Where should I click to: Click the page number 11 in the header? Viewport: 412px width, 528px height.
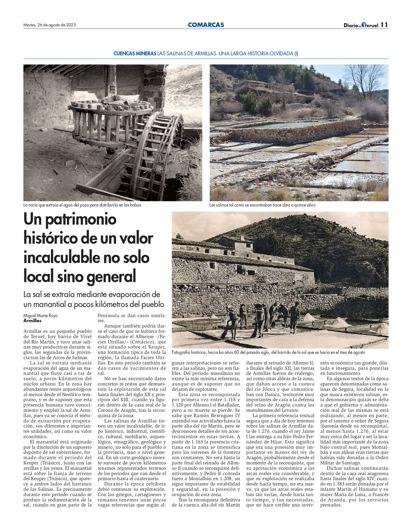(x=384, y=25)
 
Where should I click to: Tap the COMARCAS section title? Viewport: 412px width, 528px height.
(x=206, y=25)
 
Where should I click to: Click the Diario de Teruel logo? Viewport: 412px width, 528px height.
(x=361, y=25)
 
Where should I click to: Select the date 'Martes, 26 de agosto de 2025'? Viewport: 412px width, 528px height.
(x=50, y=25)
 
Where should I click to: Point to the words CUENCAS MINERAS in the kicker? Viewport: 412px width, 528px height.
(x=135, y=54)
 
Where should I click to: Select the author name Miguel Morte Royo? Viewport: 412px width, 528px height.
(x=41, y=316)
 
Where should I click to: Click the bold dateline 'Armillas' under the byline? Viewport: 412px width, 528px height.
(x=32, y=321)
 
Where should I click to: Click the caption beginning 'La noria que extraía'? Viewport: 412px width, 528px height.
(x=82, y=205)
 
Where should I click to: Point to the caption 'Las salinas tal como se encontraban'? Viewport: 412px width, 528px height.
(x=262, y=205)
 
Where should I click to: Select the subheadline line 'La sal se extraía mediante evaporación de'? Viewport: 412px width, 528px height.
(x=92, y=295)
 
